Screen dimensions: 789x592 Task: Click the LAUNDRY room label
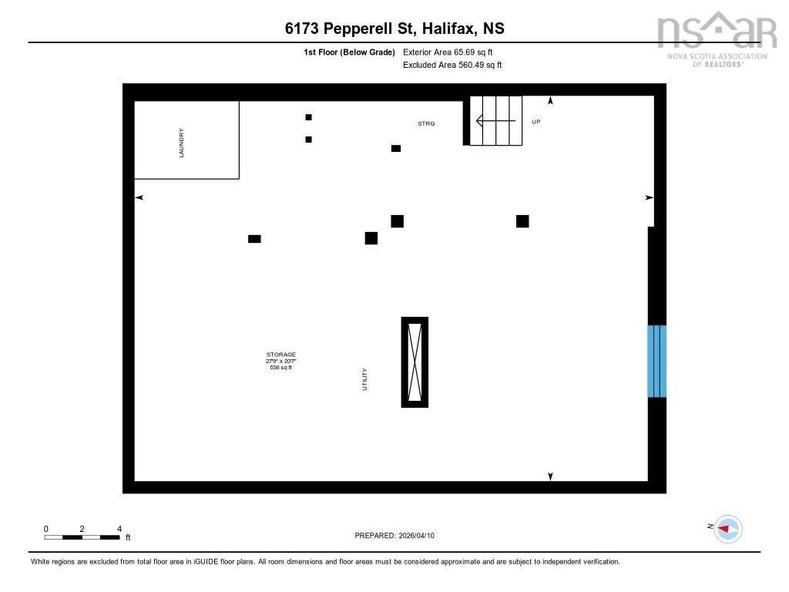(x=181, y=143)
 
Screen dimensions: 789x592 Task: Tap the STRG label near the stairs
(x=426, y=123)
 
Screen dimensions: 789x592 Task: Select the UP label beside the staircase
(x=536, y=122)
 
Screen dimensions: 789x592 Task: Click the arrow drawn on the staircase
(x=495, y=121)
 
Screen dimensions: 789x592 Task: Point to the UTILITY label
(x=364, y=379)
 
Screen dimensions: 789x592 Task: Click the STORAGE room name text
(x=281, y=355)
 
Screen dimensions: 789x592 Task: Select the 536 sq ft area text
(x=280, y=368)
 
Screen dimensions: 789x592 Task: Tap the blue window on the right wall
(x=656, y=361)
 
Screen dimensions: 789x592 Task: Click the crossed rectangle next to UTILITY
(x=415, y=362)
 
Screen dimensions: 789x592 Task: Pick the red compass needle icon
(x=723, y=529)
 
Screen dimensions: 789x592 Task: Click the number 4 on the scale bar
(x=119, y=529)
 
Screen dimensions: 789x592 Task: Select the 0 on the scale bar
(x=45, y=529)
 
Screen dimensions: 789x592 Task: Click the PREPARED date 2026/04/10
(x=417, y=536)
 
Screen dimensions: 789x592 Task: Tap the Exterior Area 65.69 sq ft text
(x=448, y=52)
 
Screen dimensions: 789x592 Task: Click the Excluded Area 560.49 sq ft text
(x=452, y=65)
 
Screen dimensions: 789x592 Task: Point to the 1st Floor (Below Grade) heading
(x=349, y=52)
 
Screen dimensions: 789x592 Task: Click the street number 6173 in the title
(x=302, y=29)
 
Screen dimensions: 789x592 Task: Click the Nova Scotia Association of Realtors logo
(x=717, y=39)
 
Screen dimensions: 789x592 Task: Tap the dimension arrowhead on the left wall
(x=139, y=197)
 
